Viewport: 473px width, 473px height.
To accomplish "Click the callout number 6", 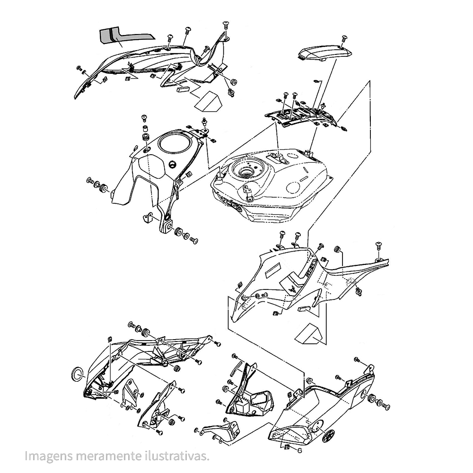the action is [x=299, y=451].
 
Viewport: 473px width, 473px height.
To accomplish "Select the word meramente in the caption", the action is [x=108, y=455].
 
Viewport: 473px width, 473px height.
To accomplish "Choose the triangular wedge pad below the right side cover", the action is [x=310, y=333].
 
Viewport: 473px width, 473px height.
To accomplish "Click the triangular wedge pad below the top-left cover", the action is [x=208, y=100].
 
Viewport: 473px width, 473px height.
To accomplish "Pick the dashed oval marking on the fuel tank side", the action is [x=294, y=188].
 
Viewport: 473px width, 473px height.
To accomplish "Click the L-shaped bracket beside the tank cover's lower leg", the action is [x=148, y=218].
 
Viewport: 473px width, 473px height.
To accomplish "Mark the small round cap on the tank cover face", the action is [x=173, y=165].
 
